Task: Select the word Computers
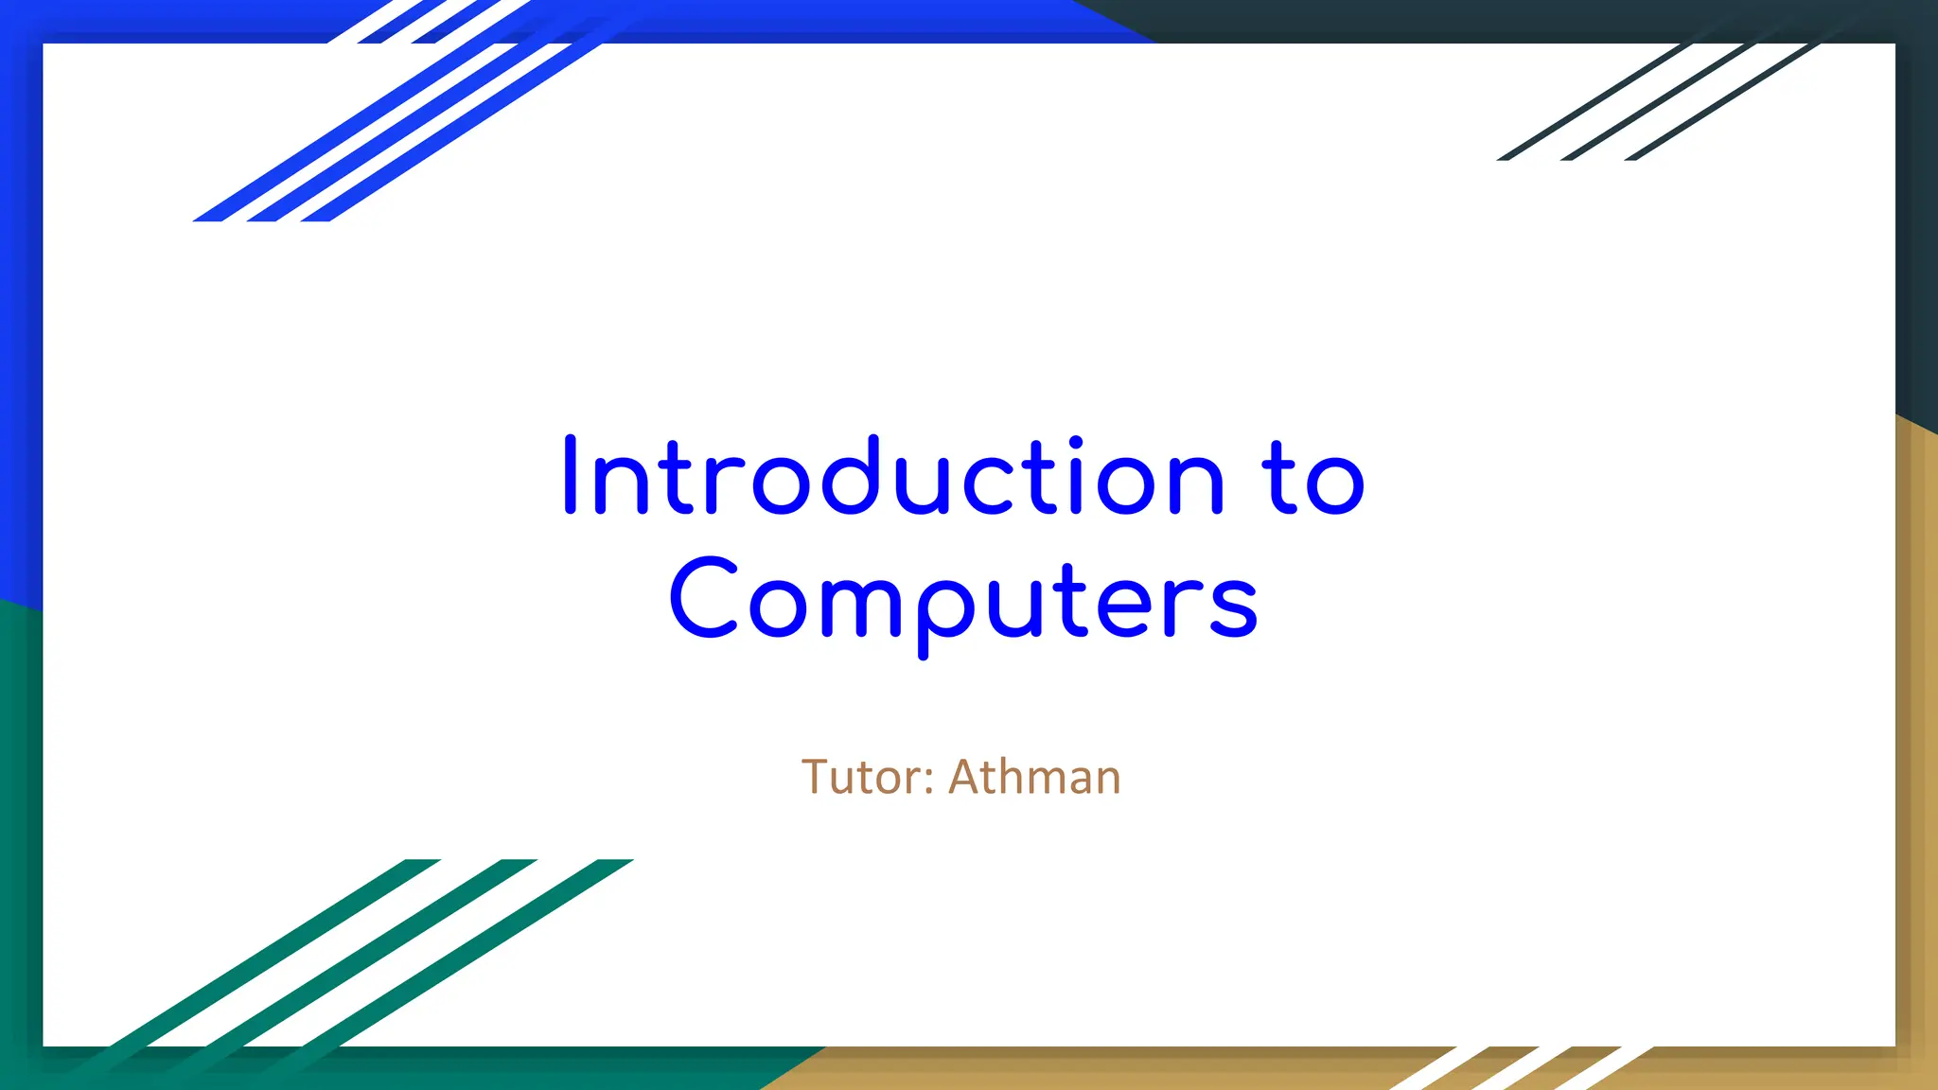pyautogui.click(x=963, y=602)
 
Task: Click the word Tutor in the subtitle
pyautogui.click(x=857, y=778)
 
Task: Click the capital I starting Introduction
pyautogui.click(x=570, y=475)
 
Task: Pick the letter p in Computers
pyautogui.click(x=946, y=610)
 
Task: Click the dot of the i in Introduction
pyautogui.click(x=1075, y=442)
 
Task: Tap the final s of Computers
pyautogui.click(x=1233, y=607)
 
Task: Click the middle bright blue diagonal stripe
pyautogui.click(x=397, y=132)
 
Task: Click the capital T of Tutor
pyautogui.click(x=815, y=777)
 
